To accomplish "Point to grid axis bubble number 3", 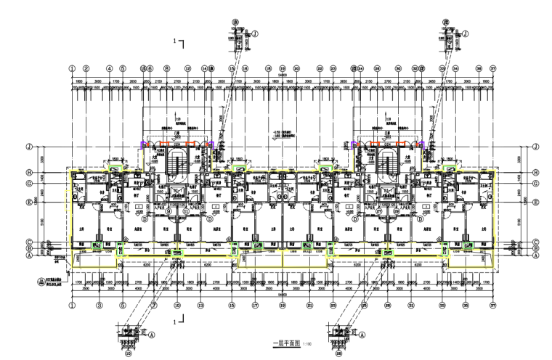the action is click(x=99, y=306).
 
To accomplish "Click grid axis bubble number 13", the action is click(x=200, y=306).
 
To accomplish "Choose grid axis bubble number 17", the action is click(x=256, y=306).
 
